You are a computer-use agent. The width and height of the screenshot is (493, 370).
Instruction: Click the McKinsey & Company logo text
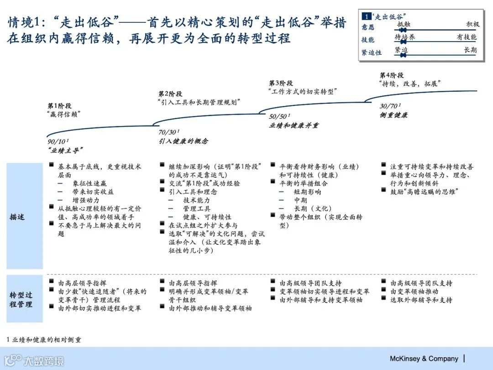tap(424, 359)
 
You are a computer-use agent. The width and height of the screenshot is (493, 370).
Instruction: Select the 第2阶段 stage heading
tap(170, 94)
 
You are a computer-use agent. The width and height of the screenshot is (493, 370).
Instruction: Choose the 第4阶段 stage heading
tap(391, 75)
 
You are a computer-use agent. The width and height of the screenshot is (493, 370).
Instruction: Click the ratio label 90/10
tap(58, 142)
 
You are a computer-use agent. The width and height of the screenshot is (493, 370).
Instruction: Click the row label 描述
tap(17, 217)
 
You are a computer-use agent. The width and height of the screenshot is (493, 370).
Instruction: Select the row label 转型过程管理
tap(21, 299)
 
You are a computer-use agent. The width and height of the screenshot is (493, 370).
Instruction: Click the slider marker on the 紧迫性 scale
tap(403, 55)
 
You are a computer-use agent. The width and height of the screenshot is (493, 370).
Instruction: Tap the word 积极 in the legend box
tap(473, 25)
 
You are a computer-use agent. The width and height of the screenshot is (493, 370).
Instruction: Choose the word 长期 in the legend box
tap(470, 50)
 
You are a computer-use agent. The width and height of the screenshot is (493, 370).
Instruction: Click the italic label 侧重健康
tap(393, 115)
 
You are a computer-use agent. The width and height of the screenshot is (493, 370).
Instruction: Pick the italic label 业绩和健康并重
tap(294, 126)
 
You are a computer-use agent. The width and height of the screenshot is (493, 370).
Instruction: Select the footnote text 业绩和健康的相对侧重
tap(47, 340)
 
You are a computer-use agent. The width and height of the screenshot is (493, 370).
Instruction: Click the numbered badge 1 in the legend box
tap(366, 16)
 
